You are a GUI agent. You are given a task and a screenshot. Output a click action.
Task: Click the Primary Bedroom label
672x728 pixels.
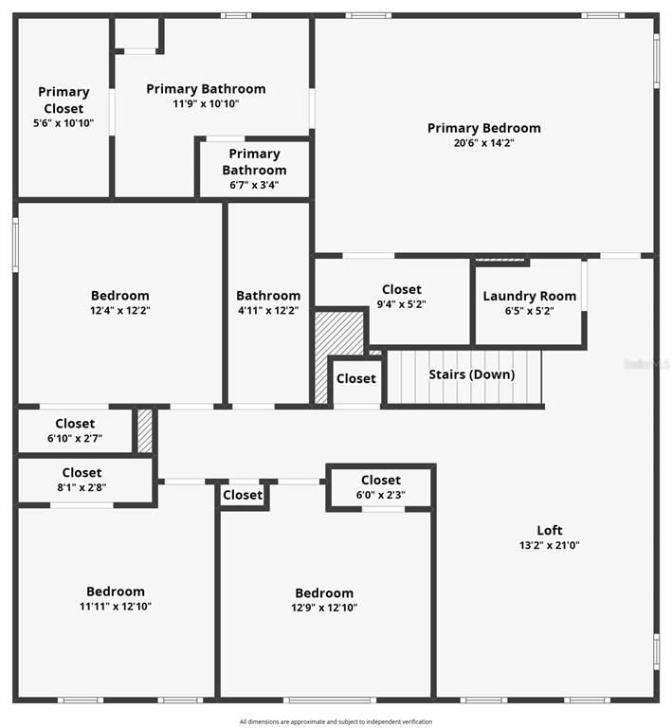pos(483,128)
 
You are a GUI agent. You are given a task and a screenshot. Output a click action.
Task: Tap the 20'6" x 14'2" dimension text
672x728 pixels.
pos(483,143)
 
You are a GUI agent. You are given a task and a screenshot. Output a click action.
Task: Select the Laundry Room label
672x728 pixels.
pos(529,296)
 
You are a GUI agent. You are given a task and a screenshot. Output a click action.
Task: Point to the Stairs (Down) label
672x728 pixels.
pos(472,374)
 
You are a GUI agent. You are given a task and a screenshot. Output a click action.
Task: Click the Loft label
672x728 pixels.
pos(550,530)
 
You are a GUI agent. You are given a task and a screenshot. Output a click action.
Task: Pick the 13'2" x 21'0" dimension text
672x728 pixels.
pos(550,545)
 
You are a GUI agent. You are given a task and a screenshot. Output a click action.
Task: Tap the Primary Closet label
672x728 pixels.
pos(64,100)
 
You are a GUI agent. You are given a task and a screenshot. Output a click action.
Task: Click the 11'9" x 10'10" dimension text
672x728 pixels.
pos(206,104)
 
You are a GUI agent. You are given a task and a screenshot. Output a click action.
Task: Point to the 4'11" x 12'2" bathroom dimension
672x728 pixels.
pos(268,310)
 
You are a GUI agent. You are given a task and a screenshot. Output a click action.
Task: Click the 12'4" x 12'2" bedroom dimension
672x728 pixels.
pos(119,310)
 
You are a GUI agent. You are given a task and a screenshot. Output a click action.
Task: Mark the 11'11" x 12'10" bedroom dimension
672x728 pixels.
pos(116,607)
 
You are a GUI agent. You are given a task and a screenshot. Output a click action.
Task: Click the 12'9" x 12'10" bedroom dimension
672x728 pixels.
pos(324,608)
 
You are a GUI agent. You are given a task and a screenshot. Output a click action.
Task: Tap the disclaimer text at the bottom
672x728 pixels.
pos(336,722)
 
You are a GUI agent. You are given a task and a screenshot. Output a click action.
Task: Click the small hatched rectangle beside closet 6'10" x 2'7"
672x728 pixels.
pos(145,430)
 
